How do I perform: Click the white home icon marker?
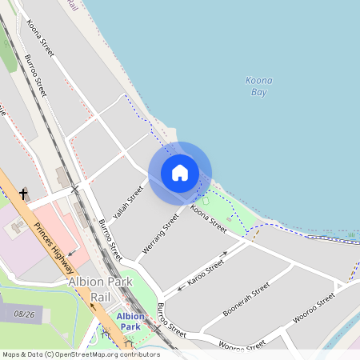click(x=180, y=173)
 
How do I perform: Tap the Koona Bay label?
click(x=257, y=86)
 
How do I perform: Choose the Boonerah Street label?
click(x=246, y=298)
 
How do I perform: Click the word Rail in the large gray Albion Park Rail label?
click(x=101, y=297)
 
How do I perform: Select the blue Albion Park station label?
click(x=130, y=322)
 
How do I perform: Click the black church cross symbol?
click(x=23, y=194)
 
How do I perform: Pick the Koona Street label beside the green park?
click(x=209, y=218)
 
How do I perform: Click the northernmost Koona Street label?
click(x=41, y=38)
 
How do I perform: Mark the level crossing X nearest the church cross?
click(x=74, y=189)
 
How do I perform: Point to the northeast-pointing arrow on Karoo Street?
click(x=225, y=254)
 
